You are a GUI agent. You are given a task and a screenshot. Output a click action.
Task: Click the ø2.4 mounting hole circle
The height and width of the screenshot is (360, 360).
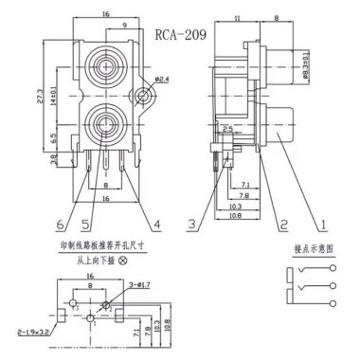tap(142, 95)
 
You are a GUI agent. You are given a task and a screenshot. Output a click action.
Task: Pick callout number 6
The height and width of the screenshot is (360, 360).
tap(61, 224)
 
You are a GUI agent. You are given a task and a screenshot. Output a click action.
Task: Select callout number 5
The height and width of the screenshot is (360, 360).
tap(85, 224)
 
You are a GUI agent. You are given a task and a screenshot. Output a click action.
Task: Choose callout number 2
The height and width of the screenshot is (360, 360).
tap(282, 224)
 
